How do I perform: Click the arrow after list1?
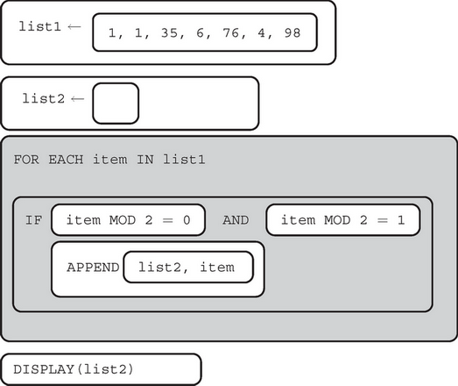[74, 26]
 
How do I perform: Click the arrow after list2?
[78, 97]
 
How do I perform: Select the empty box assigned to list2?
[115, 104]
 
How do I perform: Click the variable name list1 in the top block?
[40, 26]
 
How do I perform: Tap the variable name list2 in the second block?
[44, 97]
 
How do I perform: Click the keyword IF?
[33, 220]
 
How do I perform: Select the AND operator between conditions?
[236, 220]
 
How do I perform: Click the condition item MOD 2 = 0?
[128, 220]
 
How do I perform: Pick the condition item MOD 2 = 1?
[342, 220]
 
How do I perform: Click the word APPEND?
[92, 268]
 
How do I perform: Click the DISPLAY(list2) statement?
[73, 369]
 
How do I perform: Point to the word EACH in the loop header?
[60, 161]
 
